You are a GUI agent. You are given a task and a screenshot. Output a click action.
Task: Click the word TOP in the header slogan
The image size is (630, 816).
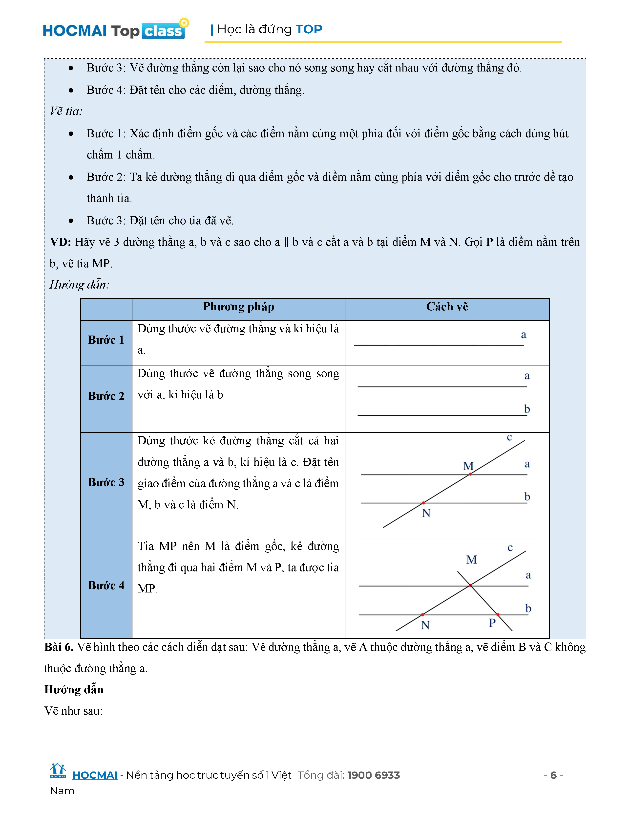click(309, 29)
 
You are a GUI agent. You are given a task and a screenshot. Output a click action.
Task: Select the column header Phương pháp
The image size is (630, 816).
click(238, 307)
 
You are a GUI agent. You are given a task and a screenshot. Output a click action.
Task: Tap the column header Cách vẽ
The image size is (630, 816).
click(447, 307)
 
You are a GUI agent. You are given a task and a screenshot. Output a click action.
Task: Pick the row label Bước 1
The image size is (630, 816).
click(106, 340)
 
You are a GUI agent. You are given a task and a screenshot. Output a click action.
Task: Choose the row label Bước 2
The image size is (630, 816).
click(106, 396)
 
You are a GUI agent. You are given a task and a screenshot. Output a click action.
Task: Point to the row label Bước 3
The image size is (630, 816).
click(106, 482)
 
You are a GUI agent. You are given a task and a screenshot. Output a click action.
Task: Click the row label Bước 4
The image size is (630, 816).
click(106, 586)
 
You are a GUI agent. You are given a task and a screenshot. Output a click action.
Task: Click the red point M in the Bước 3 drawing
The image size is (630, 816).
click(470, 474)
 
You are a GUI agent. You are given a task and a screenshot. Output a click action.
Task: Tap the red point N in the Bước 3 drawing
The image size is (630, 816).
click(423, 503)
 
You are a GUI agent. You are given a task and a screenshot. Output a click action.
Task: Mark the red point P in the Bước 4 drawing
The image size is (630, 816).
click(498, 615)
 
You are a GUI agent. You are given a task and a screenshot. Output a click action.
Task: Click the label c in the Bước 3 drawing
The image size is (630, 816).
click(509, 437)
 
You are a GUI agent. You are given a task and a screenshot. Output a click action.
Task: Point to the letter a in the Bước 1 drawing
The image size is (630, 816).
click(524, 335)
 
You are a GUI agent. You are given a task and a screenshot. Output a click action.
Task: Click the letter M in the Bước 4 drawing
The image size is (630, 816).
click(471, 560)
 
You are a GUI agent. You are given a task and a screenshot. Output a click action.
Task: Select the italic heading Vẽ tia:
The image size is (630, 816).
click(66, 111)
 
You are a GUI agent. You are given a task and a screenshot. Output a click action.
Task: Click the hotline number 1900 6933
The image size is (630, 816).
click(373, 775)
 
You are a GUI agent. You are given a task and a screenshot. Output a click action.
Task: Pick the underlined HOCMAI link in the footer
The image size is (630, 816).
click(95, 775)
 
